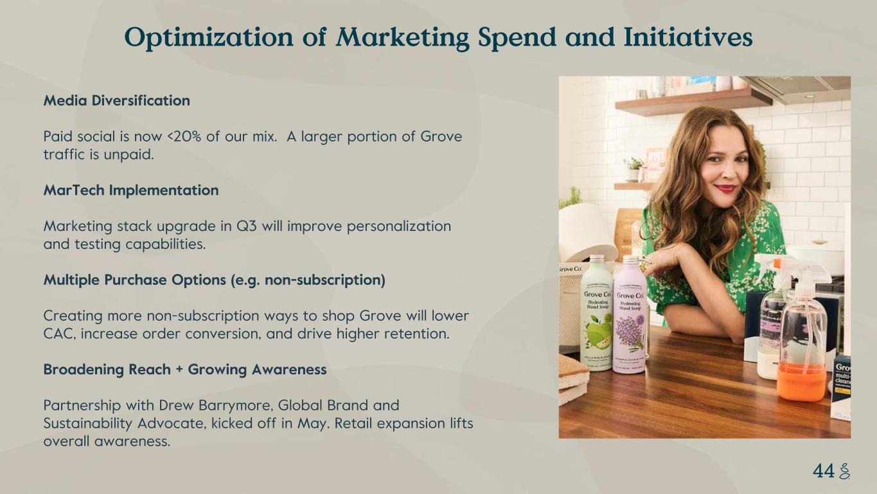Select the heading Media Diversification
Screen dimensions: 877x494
coord(117,101)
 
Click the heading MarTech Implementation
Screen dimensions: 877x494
coord(131,190)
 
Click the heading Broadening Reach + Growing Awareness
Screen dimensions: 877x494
coord(185,370)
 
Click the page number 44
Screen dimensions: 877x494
coord(824,471)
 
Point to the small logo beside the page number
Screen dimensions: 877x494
coord(844,471)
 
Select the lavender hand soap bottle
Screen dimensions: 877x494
coord(630,315)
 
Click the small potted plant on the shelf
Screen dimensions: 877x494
coord(633,169)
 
